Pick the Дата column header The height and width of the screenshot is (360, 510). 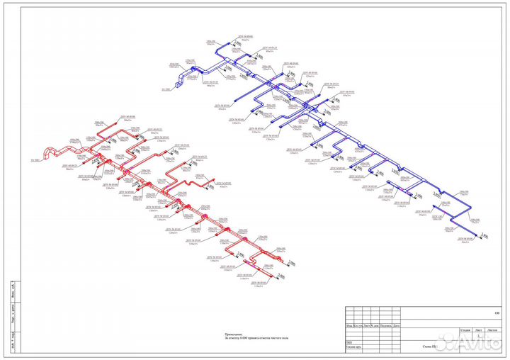(x=397, y=325)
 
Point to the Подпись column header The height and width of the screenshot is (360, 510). (x=386, y=325)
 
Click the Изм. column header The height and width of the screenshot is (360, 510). (x=350, y=325)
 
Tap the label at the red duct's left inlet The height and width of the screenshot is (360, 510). (x=35, y=162)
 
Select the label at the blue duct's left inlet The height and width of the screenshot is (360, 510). (x=166, y=89)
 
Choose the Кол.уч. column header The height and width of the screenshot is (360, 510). (x=360, y=325)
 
